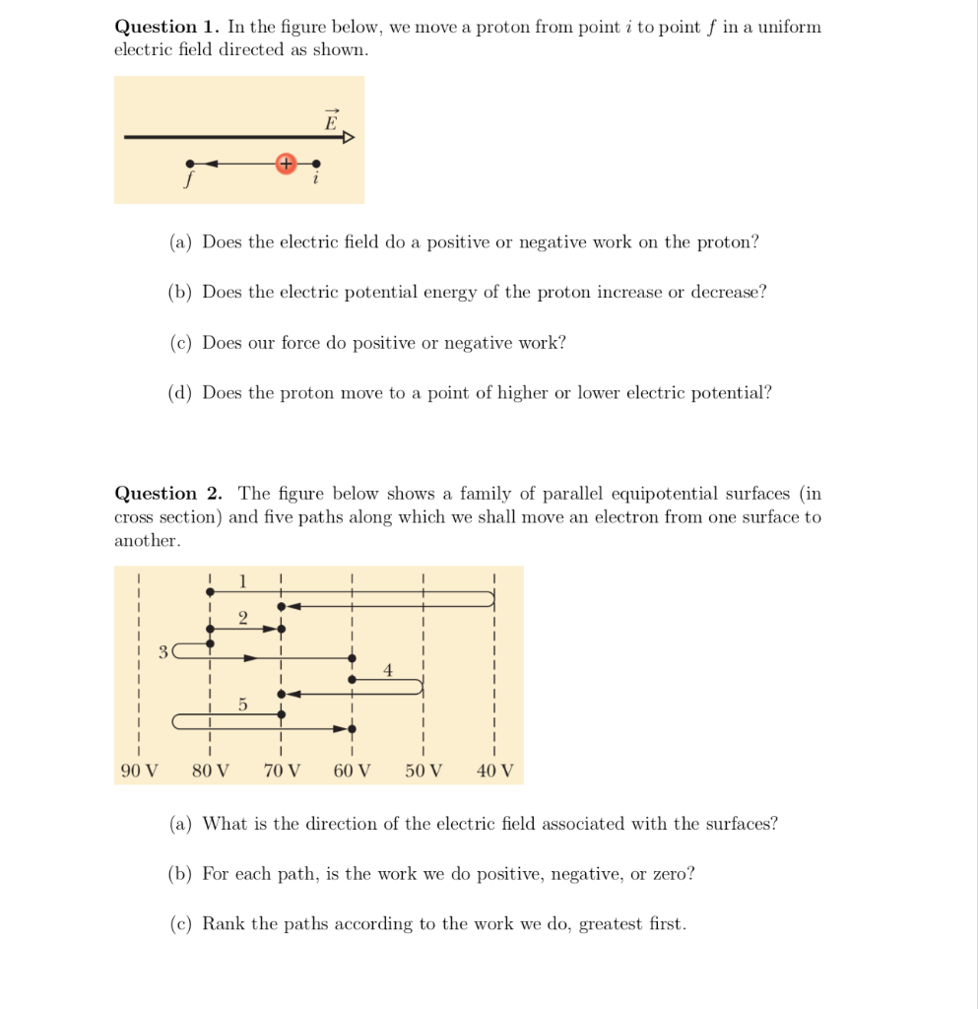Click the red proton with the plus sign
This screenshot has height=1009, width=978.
tap(286, 164)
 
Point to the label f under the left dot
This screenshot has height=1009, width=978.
tap(189, 181)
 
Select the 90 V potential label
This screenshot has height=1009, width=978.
tap(139, 771)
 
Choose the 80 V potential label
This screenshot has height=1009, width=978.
tap(210, 771)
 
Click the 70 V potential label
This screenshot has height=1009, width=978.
tap(282, 771)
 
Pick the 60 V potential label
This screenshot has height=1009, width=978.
tap(352, 771)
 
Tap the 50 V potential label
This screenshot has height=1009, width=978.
tap(424, 771)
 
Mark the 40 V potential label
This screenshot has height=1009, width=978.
tap(494, 771)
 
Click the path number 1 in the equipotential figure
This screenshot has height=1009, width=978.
tap(243, 581)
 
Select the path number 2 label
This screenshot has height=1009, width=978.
tap(243, 617)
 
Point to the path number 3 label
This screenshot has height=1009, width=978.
tap(163, 650)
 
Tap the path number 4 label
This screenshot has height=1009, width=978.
tap(388, 670)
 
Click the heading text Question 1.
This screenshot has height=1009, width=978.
tap(167, 28)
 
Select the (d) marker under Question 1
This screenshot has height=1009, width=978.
tap(180, 393)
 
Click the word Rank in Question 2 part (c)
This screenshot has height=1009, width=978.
tap(224, 924)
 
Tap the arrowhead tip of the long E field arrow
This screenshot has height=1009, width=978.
tap(351, 138)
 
